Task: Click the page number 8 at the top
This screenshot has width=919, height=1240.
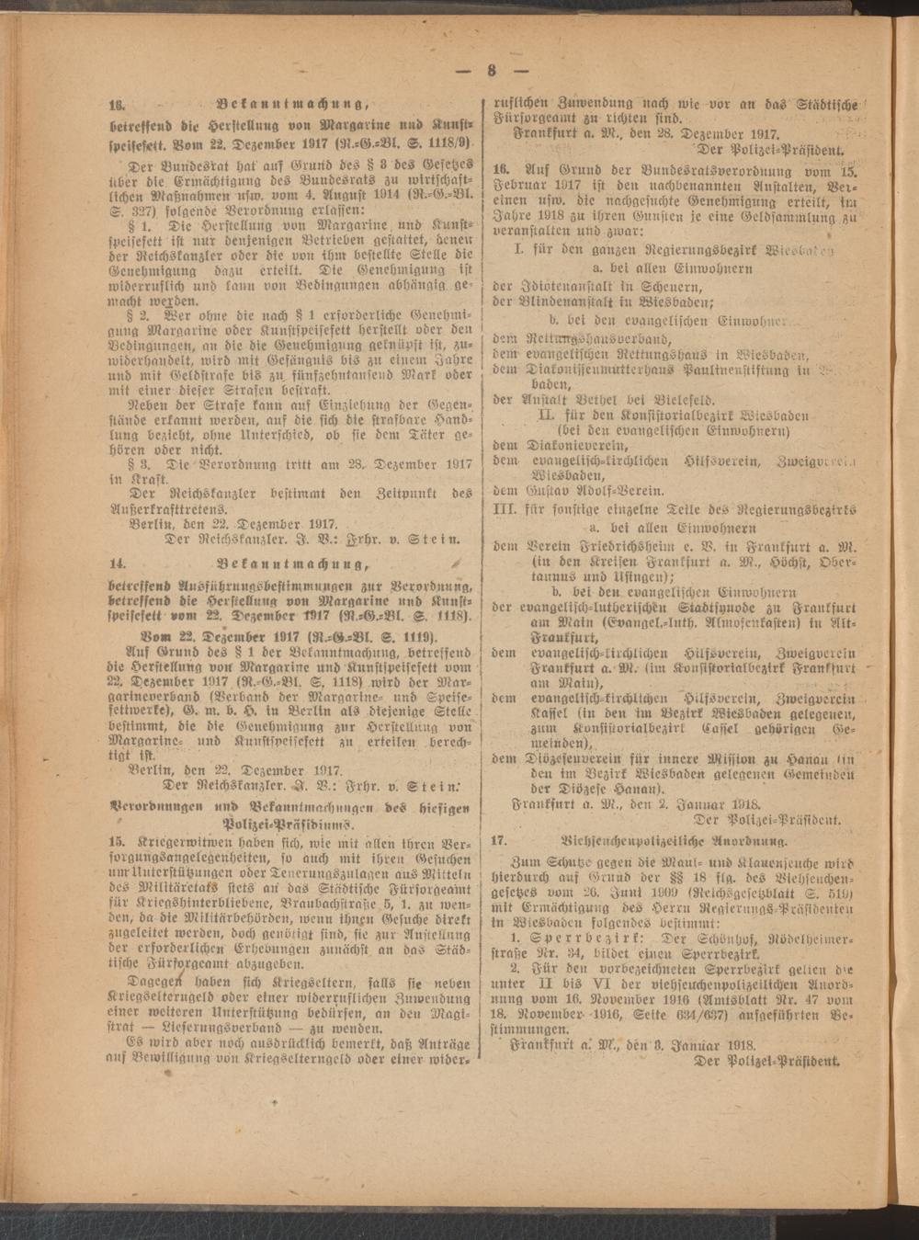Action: point(493,71)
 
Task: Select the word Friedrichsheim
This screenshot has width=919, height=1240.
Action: point(613,546)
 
